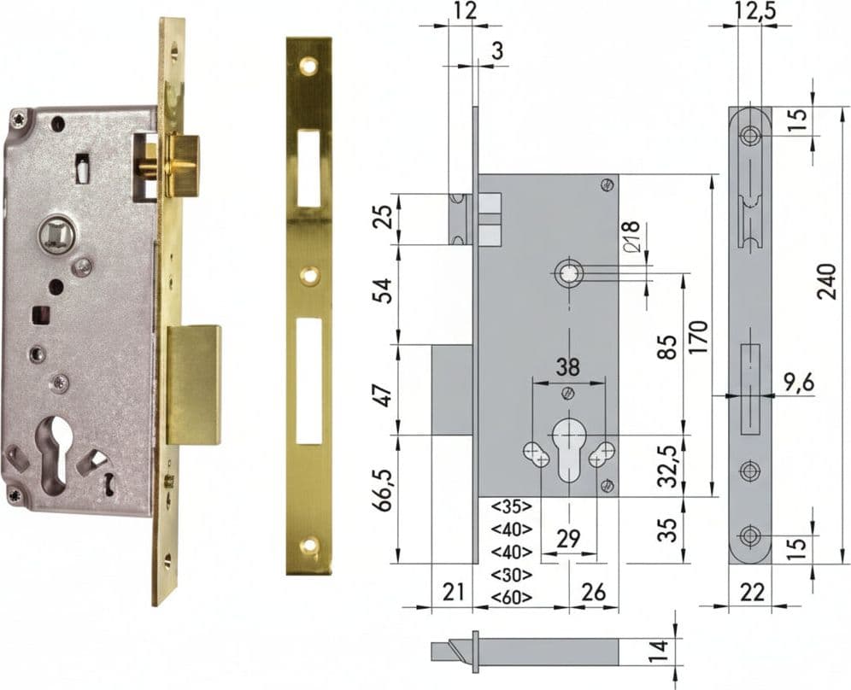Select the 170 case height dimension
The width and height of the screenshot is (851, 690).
[x=699, y=337]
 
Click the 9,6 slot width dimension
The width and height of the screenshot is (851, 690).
[x=799, y=383]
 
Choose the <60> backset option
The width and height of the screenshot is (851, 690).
[x=511, y=597]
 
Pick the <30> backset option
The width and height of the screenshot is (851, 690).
[x=511, y=574]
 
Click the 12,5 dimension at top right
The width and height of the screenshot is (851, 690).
[x=756, y=11]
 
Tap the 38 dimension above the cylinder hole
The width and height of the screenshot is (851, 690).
[x=567, y=366]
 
